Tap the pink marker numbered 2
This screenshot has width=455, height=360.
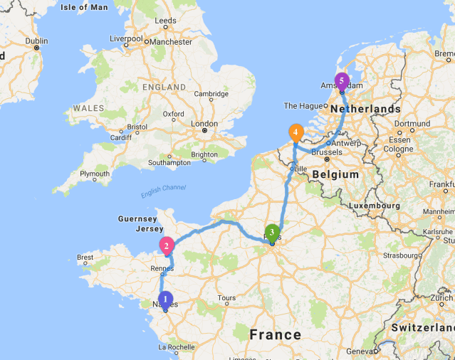[167, 247]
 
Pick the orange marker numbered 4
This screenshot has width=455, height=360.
[295, 132]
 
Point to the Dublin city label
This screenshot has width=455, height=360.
[36, 41]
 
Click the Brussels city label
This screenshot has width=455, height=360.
[326, 152]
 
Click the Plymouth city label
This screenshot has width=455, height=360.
[95, 174]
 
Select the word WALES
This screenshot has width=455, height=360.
[87, 109]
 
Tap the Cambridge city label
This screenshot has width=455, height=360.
[211, 94]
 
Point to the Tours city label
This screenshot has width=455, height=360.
[227, 298]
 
